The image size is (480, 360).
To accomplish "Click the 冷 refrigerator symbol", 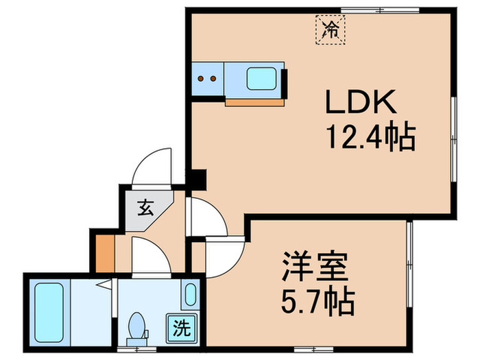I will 331,29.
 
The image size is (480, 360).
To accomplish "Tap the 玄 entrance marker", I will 146,205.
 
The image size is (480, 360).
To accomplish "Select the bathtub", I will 49,311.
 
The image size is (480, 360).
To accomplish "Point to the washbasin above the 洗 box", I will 191,294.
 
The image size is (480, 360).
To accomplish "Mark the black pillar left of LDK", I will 197,180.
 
